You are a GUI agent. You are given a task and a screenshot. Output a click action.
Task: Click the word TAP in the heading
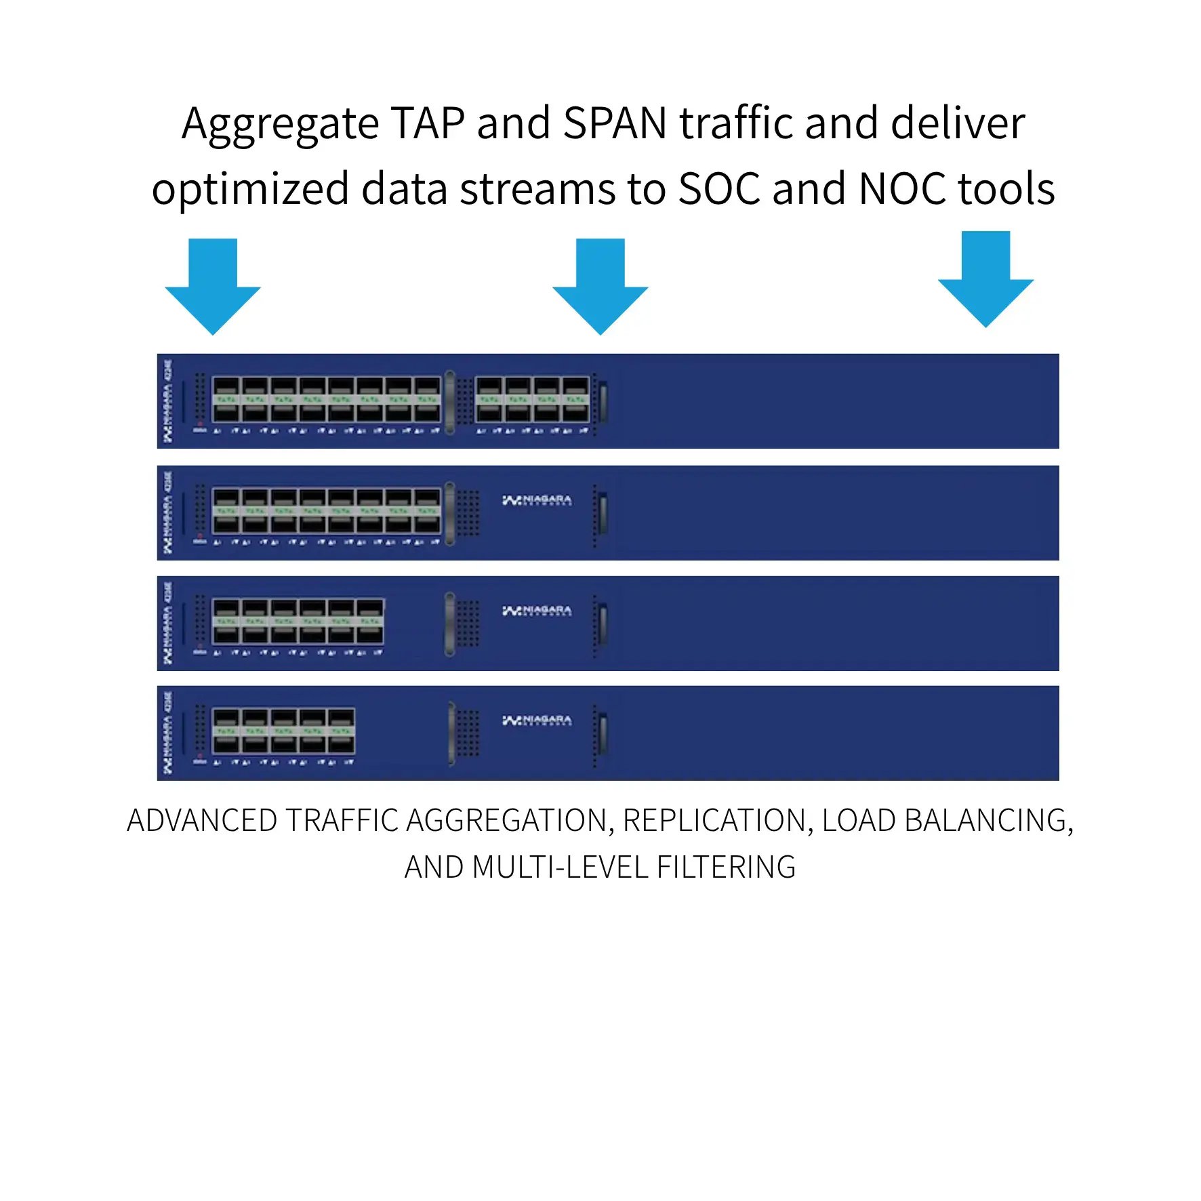pyautogui.click(x=428, y=123)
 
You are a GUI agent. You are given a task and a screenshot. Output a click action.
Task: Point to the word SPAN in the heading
pyautogui.click(x=615, y=123)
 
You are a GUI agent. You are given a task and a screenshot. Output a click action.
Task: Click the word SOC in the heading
pyautogui.click(x=719, y=188)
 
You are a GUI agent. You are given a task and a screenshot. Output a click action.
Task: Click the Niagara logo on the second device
pyautogui.click(x=537, y=500)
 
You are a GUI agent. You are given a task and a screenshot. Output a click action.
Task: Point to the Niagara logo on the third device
pyautogui.click(x=537, y=611)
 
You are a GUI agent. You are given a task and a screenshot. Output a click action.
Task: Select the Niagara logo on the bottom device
pyautogui.click(x=537, y=720)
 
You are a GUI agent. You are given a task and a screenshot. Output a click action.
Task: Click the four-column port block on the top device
pyautogui.click(x=532, y=400)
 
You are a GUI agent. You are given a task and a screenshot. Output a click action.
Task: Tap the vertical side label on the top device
pyautogui.click(x=167, y=401)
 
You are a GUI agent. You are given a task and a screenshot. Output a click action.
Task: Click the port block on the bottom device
pyautogui.click(x=283, y=731)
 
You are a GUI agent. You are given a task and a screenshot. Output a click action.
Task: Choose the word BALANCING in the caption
pyautogui.click(x=985, y=821)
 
